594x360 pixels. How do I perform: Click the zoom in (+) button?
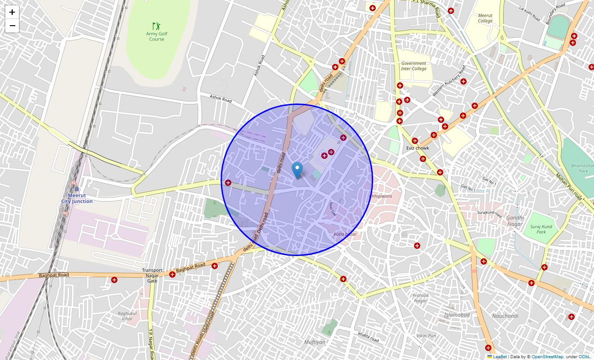[12, 13]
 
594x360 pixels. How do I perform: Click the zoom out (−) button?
[12, 26]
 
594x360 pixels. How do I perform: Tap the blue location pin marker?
[297, 171]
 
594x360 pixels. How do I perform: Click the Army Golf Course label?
[157, 36]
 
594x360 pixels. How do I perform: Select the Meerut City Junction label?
[77, 198]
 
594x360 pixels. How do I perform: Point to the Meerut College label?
[485, 18]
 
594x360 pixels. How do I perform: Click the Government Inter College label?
[414, 66]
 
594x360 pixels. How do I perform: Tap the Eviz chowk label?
[418, 148]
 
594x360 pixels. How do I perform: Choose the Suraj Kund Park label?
[541, 229]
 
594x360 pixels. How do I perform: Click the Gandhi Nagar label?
[515, 221]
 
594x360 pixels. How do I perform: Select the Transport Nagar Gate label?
[152, 275]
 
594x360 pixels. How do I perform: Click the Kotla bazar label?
[345, 234]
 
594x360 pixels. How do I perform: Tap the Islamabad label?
[457, 315]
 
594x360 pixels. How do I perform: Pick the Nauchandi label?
[505, 316]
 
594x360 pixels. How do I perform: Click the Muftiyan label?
[315, 342]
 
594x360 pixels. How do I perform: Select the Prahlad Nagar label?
[420, 298]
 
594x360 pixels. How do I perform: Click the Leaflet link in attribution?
[499, 357]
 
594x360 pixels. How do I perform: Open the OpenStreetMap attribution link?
[547, 357]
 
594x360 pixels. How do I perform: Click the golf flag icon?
[156, 26]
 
